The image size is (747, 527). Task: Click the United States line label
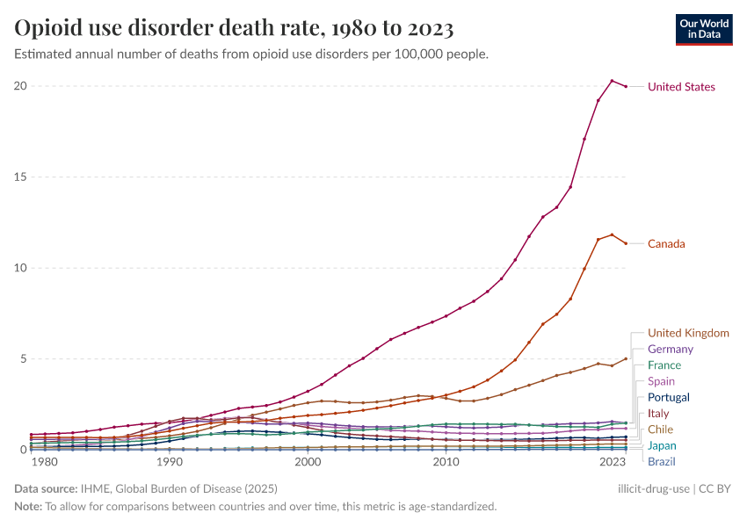(x=681, y=87)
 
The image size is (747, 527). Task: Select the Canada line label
(x=666, y=243)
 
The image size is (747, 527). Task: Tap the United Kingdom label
(x=688, y=333)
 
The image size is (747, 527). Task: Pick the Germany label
(x=671, y=350)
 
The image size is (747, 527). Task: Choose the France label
(x=664, y=365)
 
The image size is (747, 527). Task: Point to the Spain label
(x=662, y=381)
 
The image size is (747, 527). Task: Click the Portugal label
(x=669, y=397)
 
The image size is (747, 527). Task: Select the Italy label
(x=658, y=414)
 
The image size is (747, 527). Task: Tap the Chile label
(x=661, y=430)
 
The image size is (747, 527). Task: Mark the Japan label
(x=662, y=445)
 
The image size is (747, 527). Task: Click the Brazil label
(x=662, y=462)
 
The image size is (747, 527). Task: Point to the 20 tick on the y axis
(x=20, y=86)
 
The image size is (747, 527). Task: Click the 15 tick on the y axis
(x=20, y=177)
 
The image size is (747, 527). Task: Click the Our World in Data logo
(x=703, y=29)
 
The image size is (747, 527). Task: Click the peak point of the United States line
(x=612, y=81)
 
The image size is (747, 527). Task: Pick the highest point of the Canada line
(x=612, y=235)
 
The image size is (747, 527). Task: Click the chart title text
(x=234, y=29)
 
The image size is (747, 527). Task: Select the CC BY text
(x=718, y=488)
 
